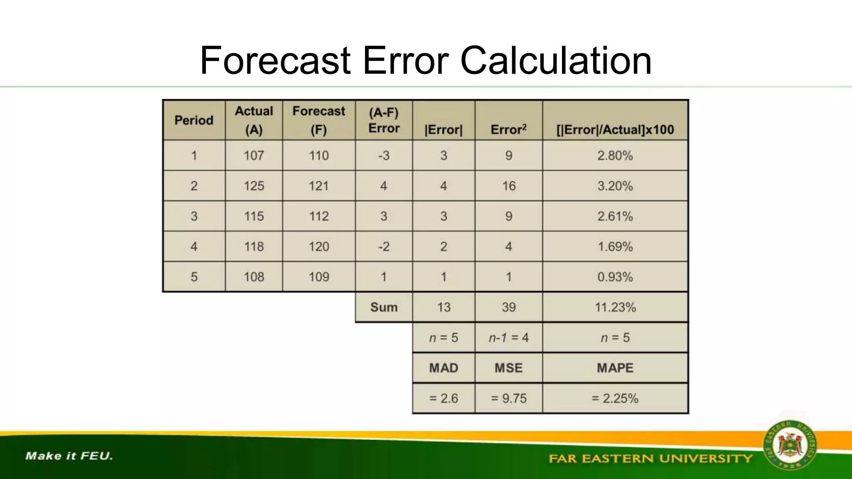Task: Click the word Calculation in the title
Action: (556, 61)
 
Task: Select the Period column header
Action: (194, 120)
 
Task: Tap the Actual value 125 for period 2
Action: (254, 186)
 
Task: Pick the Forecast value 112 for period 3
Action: (319, 216)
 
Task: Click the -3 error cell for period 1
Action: (384, 156)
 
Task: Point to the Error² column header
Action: (508, 129)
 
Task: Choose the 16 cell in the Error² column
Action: (508, 186)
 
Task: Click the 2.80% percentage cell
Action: (615, 156)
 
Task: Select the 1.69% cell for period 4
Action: (615, 247)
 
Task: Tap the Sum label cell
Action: (384, 307)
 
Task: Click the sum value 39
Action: (508, 307)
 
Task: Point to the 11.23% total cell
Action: (615, 307)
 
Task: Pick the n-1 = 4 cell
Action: (508, 338)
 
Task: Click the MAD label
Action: (443, 368)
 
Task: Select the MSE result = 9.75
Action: (508, 398)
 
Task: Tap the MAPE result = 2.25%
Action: (615, 398)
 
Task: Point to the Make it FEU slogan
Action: (69, 456)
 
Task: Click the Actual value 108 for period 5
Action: (254, 277)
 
